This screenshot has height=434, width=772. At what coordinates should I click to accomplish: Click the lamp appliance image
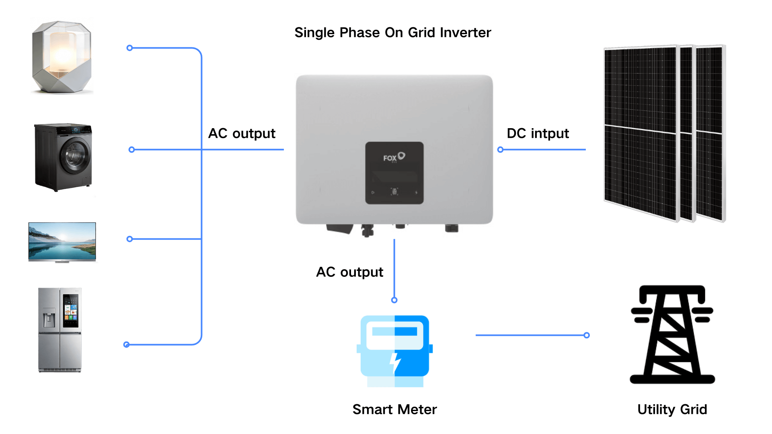tap(62, 57)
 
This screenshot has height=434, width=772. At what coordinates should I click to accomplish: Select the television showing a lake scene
tap(62, 242)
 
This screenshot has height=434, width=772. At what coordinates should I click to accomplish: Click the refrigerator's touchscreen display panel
tap(71, 310)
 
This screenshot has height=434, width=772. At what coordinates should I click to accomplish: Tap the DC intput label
tap(538, 133)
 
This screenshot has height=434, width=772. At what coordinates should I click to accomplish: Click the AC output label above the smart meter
tap(349, 272)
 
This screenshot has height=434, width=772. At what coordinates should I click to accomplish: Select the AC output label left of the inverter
tap(242, 133)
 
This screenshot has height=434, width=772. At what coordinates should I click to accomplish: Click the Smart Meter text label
tap(394, 409)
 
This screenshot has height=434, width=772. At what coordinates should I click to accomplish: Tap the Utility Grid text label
tap(672, 409)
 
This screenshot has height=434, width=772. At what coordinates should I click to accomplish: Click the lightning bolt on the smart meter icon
tap(395, 362)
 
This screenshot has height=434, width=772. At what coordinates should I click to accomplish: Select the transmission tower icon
tap(672, 334)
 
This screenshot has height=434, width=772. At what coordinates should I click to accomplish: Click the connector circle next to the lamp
tap(129, 48)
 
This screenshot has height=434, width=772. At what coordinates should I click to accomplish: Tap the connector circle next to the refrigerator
tap(126, 345)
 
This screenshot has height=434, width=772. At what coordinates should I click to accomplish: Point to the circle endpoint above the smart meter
tap(394, 300)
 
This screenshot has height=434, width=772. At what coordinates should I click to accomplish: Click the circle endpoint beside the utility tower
tap(587, 335)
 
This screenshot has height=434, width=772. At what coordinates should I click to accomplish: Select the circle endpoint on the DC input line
tap(500, 150)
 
